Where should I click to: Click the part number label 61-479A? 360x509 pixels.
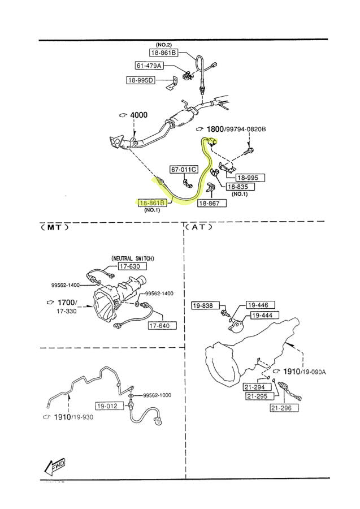tap(148, 66)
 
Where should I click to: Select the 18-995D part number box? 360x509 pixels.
tap(140, 80)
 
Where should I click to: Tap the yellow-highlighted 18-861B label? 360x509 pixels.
tap(152, 202)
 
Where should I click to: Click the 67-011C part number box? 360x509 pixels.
tap(184, 169)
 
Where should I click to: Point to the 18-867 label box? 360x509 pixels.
tap(211, 202)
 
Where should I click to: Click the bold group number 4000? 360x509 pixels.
tap(138, 115)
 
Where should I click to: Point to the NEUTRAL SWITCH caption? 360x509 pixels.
tap(133, 258)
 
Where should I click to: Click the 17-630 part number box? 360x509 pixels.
tap(132, 266)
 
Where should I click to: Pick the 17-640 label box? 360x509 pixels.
tap(162, 326)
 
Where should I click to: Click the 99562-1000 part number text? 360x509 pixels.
tap(157, 395)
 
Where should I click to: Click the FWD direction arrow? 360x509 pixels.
tap(55, 467)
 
